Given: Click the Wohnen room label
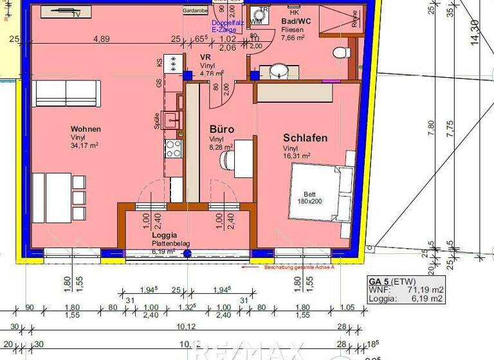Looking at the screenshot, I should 86,129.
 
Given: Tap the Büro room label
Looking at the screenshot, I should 222,129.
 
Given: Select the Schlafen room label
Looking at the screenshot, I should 306,138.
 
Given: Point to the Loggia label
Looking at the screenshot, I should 165,236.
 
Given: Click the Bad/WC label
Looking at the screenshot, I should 296,21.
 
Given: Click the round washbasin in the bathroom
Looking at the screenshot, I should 279,71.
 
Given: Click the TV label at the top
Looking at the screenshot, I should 76,14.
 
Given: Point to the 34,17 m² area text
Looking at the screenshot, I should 85,145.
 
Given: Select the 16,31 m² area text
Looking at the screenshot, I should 297,156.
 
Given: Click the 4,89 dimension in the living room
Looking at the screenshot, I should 102,39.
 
